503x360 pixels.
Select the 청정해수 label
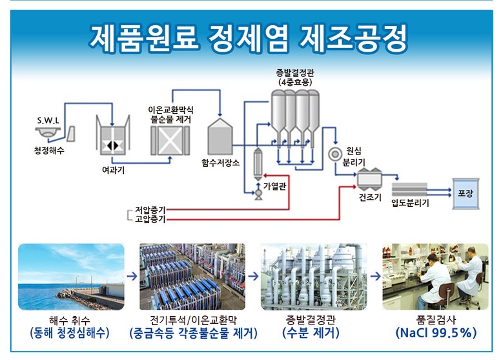pyautogui.click(x=50, y=151)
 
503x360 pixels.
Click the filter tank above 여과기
pyautogui.click(x=113, y=142)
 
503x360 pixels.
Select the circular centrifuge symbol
pyautogui.click(x=335, y=154)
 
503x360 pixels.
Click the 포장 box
pyautogui.click(x=465, y=193)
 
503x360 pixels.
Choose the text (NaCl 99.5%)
pyautogui.click(x=436, y=334)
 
